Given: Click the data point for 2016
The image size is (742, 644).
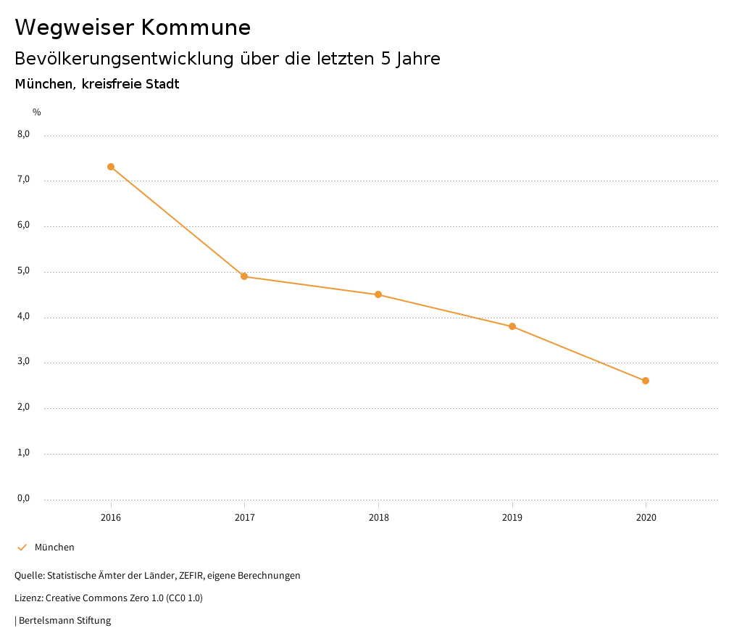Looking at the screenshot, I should (111, 167).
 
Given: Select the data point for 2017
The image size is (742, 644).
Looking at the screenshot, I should (244, 276).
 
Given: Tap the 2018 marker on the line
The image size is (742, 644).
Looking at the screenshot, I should (378, 294).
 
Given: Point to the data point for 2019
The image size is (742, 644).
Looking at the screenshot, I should (512, 326).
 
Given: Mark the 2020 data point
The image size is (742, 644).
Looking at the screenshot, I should (646, 381).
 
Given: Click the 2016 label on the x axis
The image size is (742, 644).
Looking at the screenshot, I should (111, 518).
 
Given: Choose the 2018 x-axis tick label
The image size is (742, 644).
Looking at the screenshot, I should (378, 518).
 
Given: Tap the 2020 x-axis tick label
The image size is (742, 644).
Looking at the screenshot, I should (646, 518).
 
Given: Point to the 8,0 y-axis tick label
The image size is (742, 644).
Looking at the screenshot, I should (23, 134).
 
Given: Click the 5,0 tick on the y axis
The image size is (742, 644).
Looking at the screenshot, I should (23, 271).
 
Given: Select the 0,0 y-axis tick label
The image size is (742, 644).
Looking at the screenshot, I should (23, 498).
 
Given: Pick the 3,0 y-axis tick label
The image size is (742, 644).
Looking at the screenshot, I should (23, 362).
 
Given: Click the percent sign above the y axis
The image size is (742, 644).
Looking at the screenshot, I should (37, 112).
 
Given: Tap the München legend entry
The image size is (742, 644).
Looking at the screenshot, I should (54, 548).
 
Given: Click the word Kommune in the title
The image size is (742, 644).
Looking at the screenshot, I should (196, 28).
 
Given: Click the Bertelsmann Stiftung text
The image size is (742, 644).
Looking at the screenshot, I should (64, 621).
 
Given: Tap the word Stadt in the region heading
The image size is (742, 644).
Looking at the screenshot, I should (162, 84).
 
